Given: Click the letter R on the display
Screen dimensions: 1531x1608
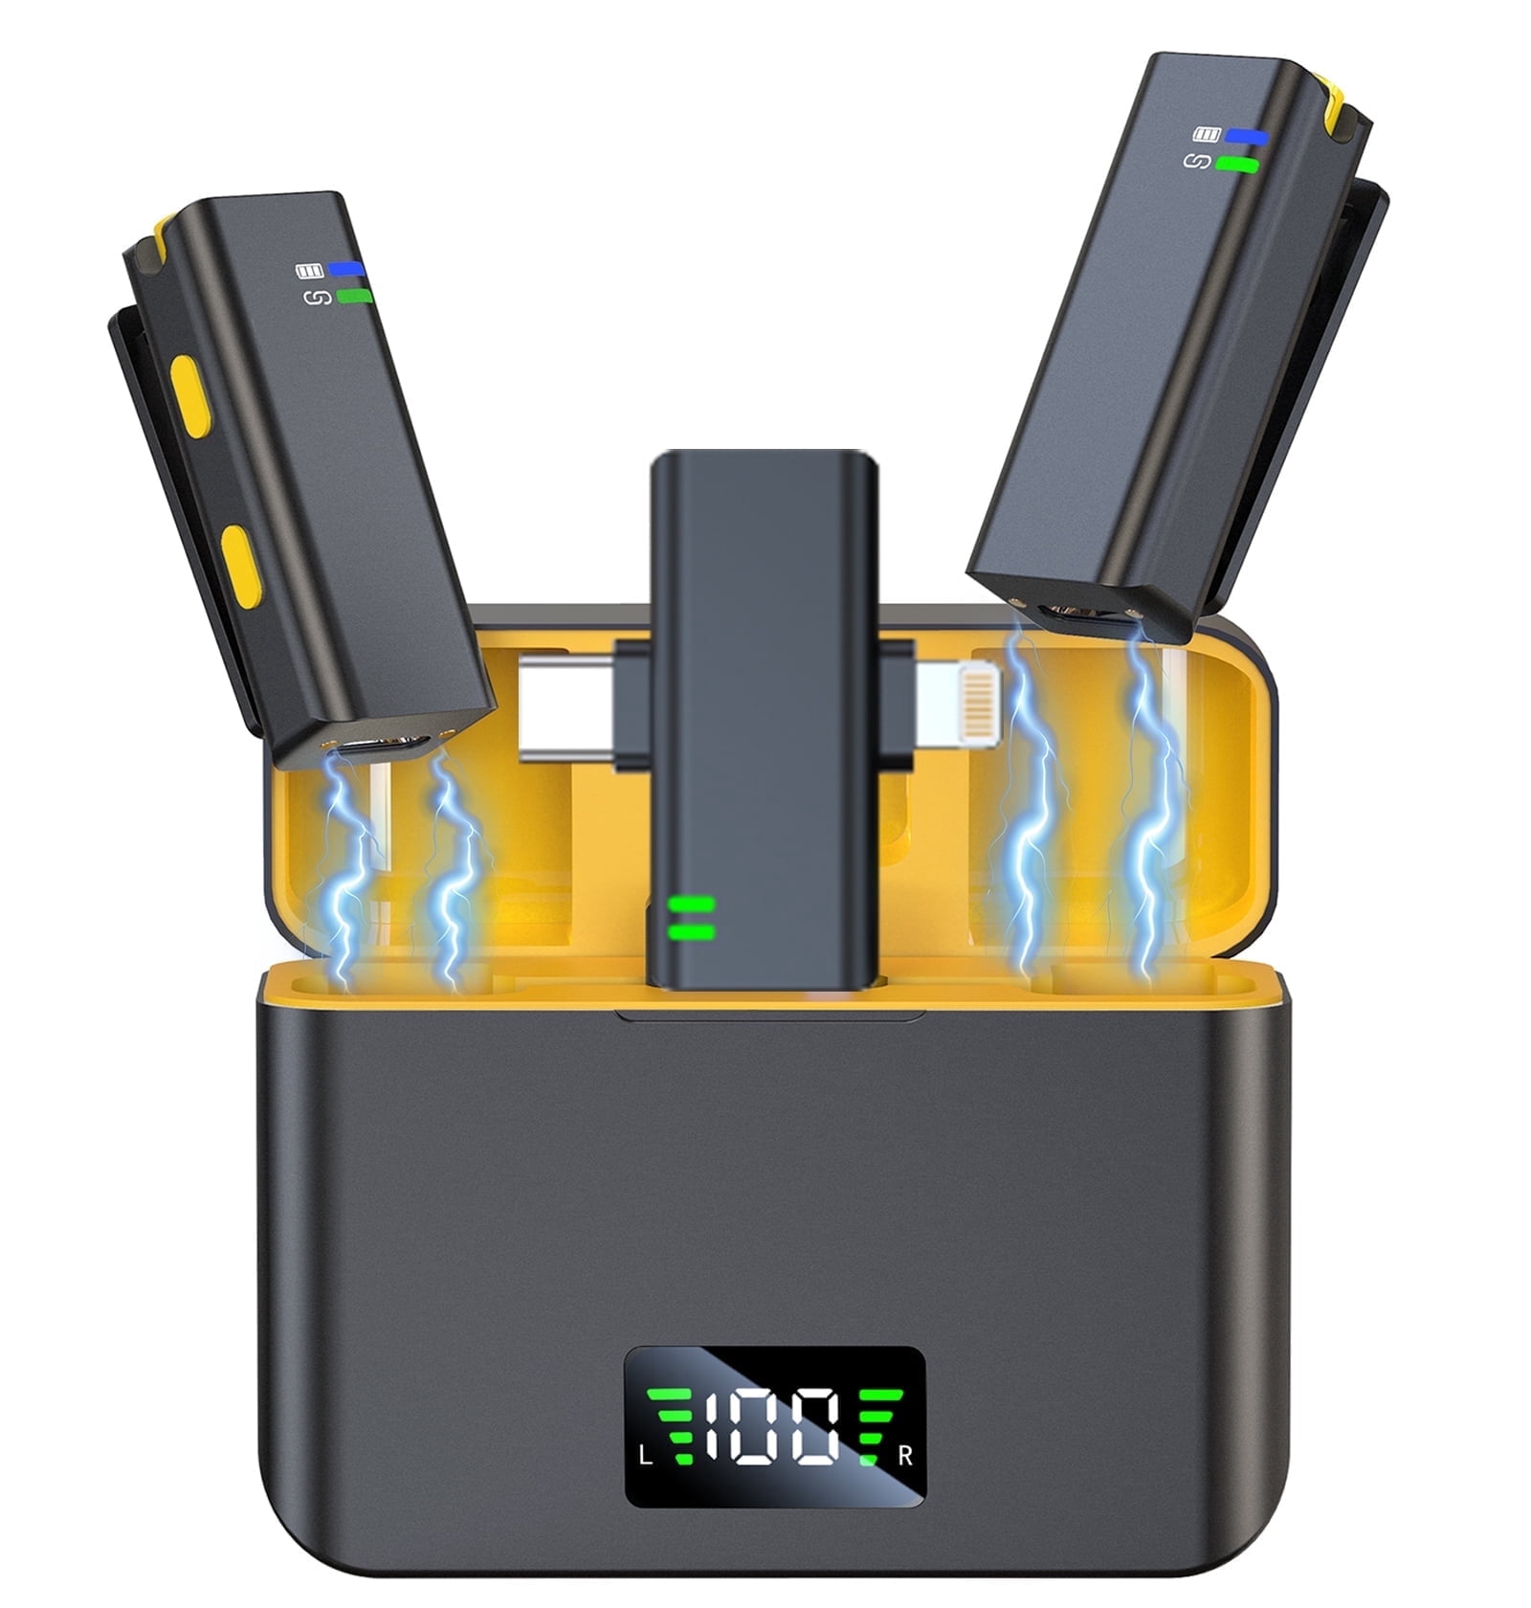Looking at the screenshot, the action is click(905, 1456).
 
